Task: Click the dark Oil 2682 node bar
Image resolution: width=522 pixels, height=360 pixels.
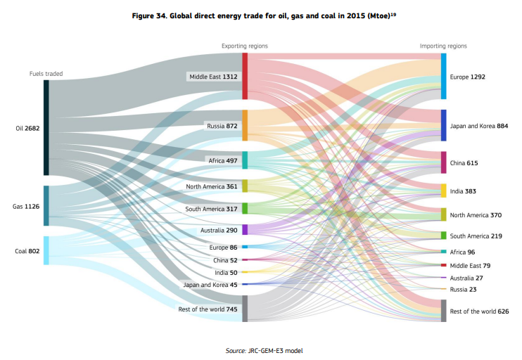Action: tap(46, 127)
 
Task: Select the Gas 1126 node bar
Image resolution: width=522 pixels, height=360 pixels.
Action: tap(46, 205)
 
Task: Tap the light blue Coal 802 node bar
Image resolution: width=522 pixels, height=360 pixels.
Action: tap(46, 250)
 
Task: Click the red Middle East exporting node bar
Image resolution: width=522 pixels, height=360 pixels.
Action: tap(245, 76)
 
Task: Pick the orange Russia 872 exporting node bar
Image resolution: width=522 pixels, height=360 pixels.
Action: tap(245, 125)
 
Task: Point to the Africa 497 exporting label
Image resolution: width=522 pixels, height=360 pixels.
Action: tap(223, 161)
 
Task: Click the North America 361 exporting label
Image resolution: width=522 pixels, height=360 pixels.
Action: tap(212, 186)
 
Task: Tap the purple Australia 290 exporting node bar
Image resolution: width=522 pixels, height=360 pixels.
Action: tap(245, 230)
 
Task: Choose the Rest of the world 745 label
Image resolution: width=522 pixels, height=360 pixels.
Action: tap(209, 309)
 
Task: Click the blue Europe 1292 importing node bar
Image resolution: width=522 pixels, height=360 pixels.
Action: tap(443, 76)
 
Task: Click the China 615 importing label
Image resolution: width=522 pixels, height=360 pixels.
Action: tap(464, 163)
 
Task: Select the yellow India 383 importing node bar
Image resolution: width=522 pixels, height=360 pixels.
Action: tap(443, 191)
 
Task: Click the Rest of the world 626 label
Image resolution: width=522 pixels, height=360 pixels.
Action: tap(479, 311)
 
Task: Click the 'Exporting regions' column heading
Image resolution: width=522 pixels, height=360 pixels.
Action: tap(244, 46)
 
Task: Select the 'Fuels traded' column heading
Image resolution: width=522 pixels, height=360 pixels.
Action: tap(46, 73)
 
